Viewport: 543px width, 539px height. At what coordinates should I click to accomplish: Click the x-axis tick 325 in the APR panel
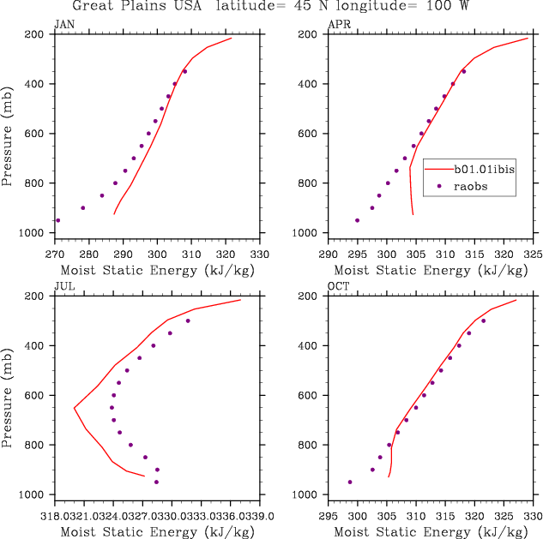[x=533, y=255]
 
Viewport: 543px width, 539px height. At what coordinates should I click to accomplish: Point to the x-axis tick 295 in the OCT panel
[x=328, y=517]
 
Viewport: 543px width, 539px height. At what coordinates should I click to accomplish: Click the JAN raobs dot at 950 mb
[x=57, y=220]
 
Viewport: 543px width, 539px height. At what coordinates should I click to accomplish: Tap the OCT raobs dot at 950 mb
[x=350, y=482]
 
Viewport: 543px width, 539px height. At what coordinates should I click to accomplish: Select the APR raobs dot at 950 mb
[x=357, y=220]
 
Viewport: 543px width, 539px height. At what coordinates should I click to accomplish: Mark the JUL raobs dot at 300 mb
[x=188, y=320]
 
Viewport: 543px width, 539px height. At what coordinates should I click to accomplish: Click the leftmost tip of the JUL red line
[x=74, y=407]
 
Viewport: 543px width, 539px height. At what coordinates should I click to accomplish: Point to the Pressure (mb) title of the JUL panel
[x=8, y=395]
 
